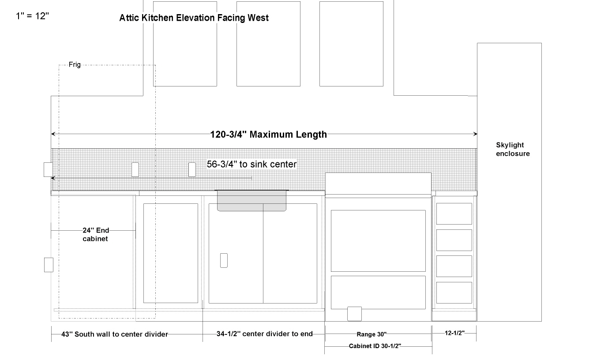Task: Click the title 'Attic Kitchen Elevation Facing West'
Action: [x=194, y=18]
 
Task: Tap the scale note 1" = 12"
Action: [x=32, y=16]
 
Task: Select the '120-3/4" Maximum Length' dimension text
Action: [x=268, y=135]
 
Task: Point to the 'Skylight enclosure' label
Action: [x=513, y=149]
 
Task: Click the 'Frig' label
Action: [x=75, y=64]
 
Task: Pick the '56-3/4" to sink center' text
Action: [x=251, y=164]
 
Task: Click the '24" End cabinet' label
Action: [x=96, y=235]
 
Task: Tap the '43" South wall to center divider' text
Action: [x=115, y=334]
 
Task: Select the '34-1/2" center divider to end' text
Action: [x=264, y=334]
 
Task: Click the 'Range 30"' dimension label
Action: [x=372, y=334]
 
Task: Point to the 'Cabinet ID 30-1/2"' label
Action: [x=375, y=346]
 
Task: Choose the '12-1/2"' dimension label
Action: [x=454, y=333]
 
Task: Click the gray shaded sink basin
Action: [x=251, y=201]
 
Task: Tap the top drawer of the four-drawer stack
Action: [x=454, y=214]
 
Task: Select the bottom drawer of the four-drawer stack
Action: [x=454, y=292]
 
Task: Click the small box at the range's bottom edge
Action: [x=354, y=314]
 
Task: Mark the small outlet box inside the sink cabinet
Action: [x=224, y=260]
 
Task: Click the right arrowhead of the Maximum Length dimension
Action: [x=475, y=134]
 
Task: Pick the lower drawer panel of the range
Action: [x=378, y=292]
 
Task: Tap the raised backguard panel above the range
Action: [x=378, y=184]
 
